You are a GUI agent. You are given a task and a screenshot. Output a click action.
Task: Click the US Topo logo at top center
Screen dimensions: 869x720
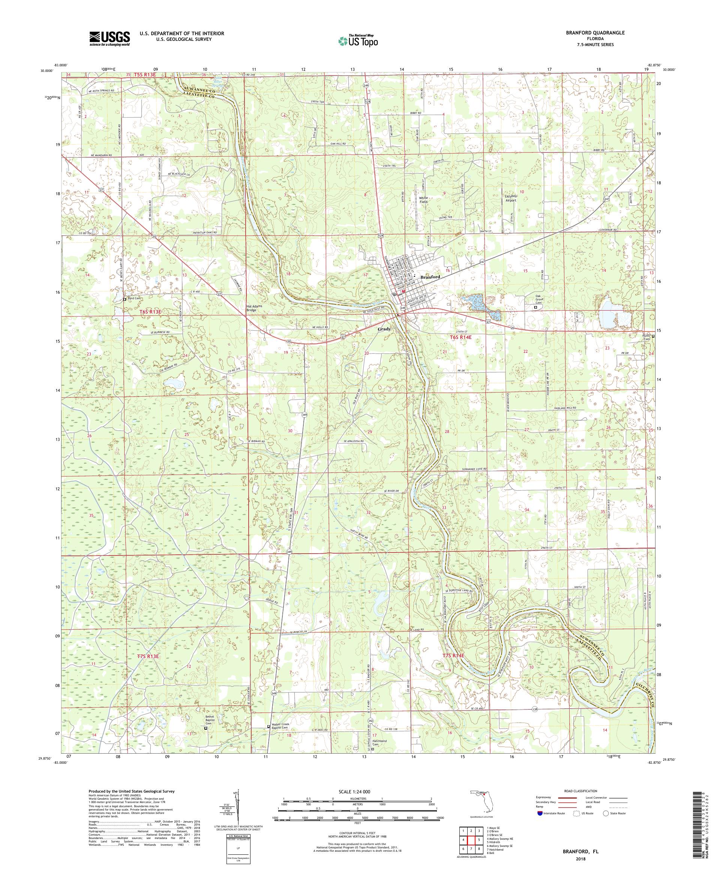[359, 40]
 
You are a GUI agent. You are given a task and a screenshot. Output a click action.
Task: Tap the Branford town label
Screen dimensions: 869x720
[430, 277]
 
